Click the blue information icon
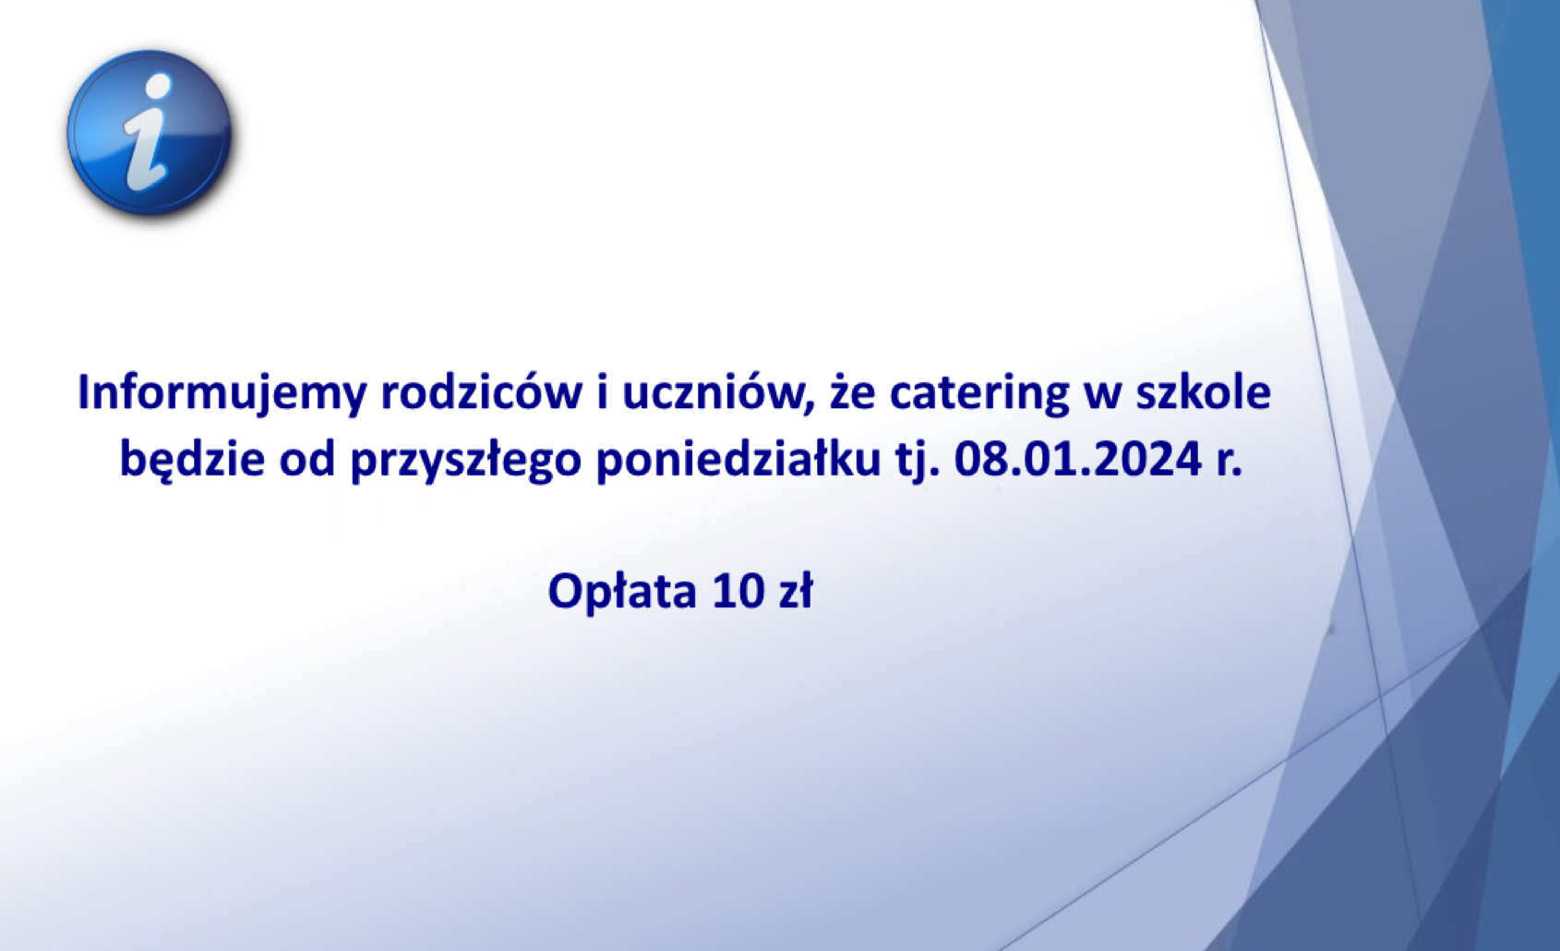click(149, 133)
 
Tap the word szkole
click(1204, 392)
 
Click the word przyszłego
click(466, 463)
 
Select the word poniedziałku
click(738, 462)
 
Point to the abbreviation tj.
click(918, 463)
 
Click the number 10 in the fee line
click(737, 592)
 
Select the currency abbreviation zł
click(794, 591)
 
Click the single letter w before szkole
click(1103, 398)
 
